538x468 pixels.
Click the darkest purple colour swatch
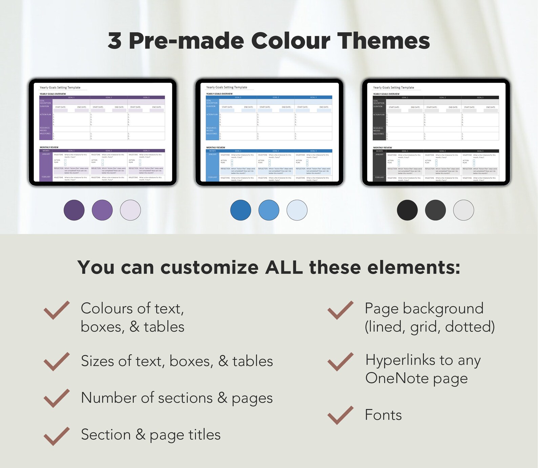[x=74, y=210]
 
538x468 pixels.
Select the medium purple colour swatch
[x=102, y=210]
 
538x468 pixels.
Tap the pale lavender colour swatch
[x=130, y=210]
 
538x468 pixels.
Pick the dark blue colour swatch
[x=241, y=210]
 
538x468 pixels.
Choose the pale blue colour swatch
[x=297, y=210]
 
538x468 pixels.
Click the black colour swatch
[x=407, y=210]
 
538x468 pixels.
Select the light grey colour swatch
[x=463, y=210]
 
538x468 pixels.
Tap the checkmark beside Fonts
[x=340, y=415]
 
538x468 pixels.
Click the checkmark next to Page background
[x=340, y=310]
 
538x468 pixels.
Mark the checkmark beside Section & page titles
[x=57, y=436]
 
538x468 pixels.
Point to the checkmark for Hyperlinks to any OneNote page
[x=340, y=362]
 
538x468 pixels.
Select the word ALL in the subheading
[x=284, y=268]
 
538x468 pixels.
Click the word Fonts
[x=383, y=415]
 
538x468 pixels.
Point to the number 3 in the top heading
[x=115, y=41]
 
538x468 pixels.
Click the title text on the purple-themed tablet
[x=60, y=87]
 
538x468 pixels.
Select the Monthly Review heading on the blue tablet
[x=215, y=148]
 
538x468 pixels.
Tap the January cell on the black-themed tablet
[x=379, y=155]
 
